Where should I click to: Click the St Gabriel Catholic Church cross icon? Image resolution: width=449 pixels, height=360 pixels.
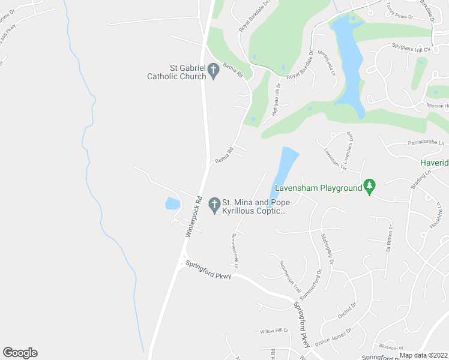[213, 72]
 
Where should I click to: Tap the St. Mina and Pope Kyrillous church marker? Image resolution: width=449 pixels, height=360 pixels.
[214, 206]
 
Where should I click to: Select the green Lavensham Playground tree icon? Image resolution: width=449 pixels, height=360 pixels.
[370, 187]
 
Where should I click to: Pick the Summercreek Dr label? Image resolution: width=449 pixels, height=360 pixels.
[235, 251]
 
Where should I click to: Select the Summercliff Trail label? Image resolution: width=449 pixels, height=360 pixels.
[290, 275]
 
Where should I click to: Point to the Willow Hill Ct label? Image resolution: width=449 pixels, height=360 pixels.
[274, 331]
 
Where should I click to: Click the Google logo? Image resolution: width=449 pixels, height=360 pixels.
[20, 353]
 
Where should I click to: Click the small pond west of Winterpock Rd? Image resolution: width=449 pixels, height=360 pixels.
[172, 203]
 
